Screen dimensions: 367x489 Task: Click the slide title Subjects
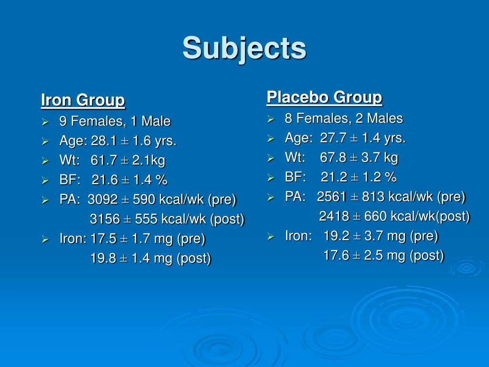coord(244,48)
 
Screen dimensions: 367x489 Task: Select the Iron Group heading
coord(83,101)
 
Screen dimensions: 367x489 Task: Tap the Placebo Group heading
coord(324,97)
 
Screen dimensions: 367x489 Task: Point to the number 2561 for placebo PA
coord(331,196)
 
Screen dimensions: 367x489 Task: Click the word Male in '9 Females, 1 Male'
coord(155,121)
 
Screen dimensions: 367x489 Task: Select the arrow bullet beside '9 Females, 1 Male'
coord(45,122)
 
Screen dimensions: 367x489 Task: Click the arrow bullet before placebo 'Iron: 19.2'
coord(271,236)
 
